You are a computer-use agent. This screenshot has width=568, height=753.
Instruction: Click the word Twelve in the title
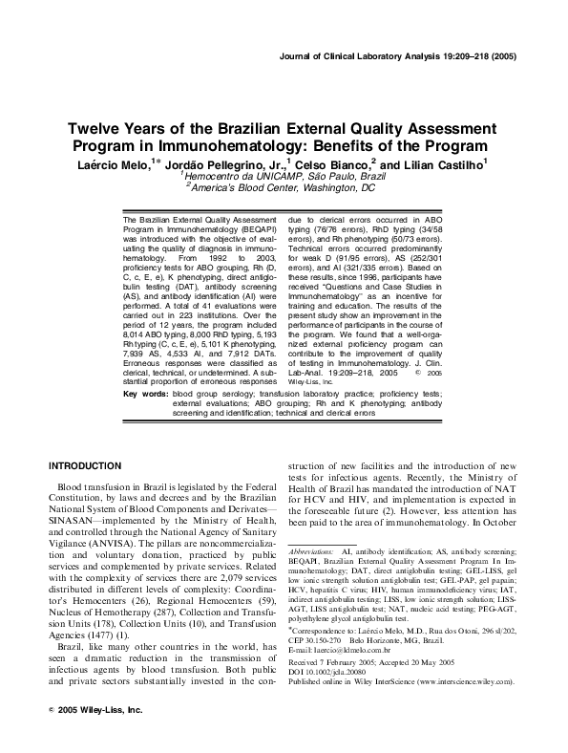pos(93,131)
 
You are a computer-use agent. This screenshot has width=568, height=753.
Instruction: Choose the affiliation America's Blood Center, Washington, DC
pos(284,189)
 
